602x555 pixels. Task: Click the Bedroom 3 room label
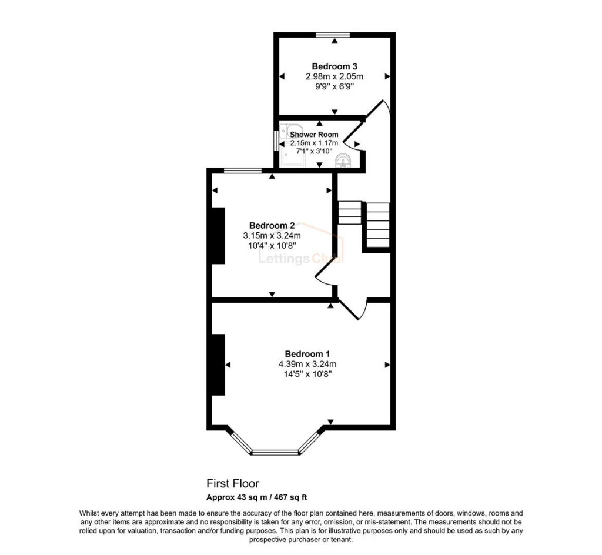(x=335, y=66)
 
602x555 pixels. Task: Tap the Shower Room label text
(x=314, y=135)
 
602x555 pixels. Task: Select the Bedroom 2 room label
(x=272, y=225)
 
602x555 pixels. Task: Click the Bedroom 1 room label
(x=307, y=354)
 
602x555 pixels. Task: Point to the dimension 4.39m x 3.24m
(x=307, y=364)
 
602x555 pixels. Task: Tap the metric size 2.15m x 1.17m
(x=314, y=143)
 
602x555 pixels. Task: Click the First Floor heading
(x=232, y=484)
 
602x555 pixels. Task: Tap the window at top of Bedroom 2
(x=243, y=171)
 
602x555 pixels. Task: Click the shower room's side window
(x=276, y=141)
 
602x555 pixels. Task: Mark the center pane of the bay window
(x=275, y=452)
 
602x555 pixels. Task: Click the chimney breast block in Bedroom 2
(x=218, y=235)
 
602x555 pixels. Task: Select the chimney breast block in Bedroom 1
(x=218, y=365)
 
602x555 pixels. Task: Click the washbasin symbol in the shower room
(x=342, y=161)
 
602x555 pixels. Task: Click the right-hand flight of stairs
(x=377, y=225)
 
